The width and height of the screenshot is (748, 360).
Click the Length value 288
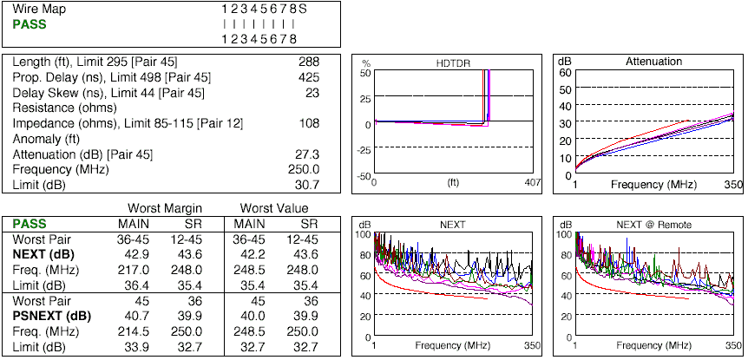click(x=309, y=62)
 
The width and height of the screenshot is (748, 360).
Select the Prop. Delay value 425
click(x=309, y=77)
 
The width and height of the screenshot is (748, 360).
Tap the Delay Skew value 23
click(x=312, y=93)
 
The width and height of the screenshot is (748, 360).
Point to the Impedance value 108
click(x=309, y=123)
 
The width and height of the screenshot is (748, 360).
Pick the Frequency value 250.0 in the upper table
click(x=303, y=170)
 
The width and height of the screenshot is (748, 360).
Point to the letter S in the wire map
click(x=304, y=9)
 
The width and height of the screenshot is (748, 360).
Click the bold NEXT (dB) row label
click(x=43, y=255)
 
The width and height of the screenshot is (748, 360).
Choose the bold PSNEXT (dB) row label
click(x=51, y=317)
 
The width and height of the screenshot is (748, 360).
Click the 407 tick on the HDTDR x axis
click(x=530, y=184)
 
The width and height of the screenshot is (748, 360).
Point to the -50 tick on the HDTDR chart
click(x=364, y=176)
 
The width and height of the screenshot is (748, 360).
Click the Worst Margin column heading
click(x=166, y=208)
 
